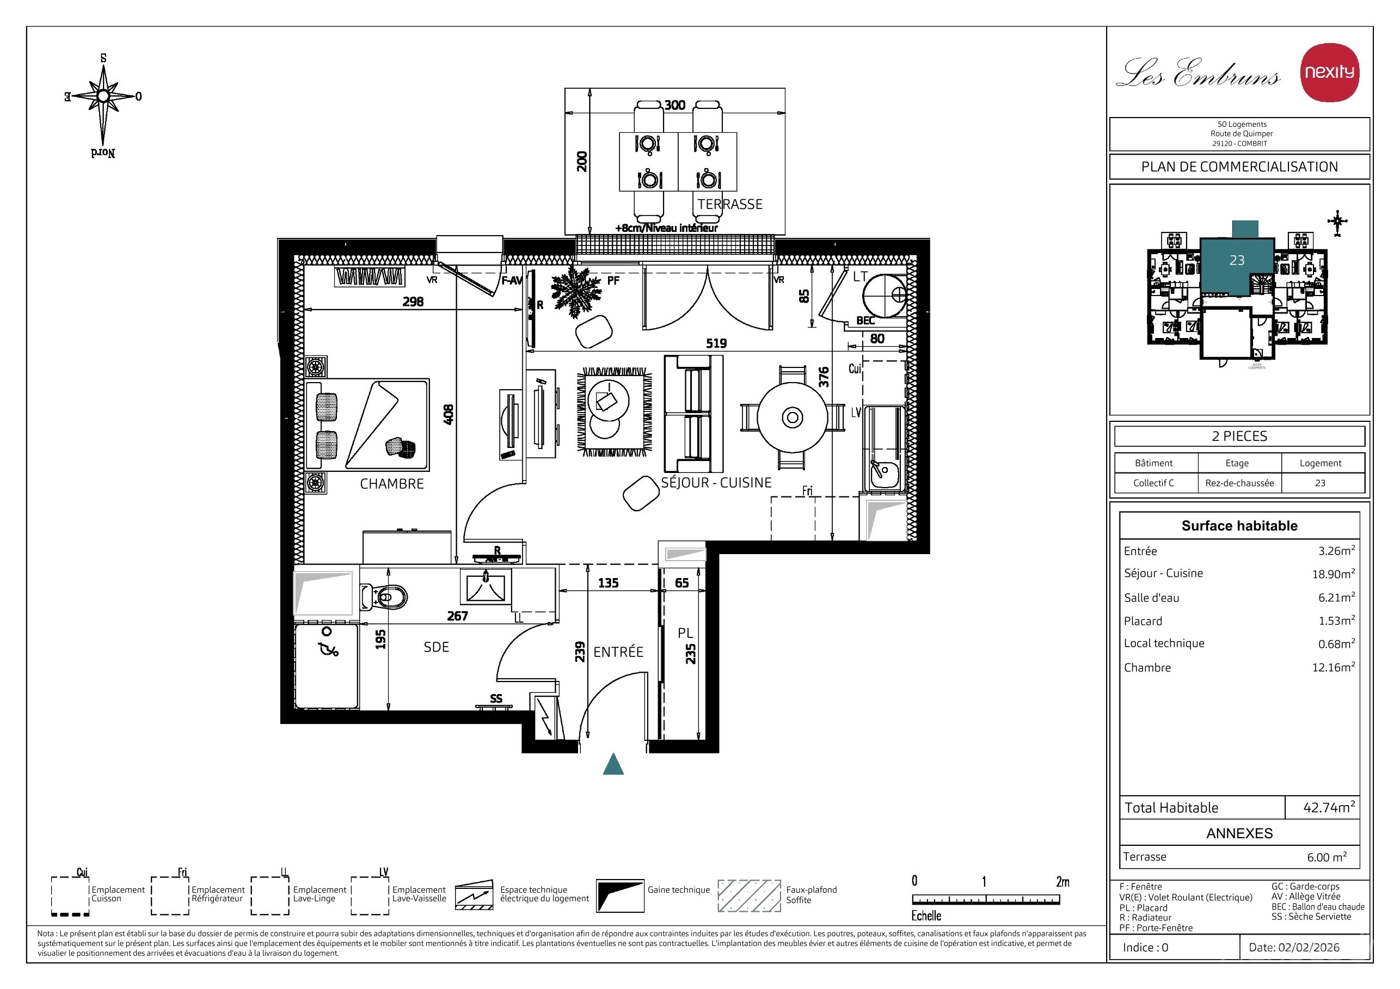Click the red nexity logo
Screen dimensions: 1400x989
click(x=1329, y=72)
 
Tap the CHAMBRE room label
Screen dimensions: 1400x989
click(x=391, y=483)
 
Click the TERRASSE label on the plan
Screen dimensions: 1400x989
click(x=730, y=204)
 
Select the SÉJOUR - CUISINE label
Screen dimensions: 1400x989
click(x=716, y=482)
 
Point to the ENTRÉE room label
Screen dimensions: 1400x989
click(x=618, y=652)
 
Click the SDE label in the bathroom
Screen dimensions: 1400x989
click(x=436, y=647)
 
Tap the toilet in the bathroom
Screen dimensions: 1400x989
click(x=384, y=597)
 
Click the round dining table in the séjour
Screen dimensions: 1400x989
click(x=792, y=417)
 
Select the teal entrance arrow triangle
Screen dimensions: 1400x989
click(x=613, y=764)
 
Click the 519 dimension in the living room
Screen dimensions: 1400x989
click(x=716, y=343)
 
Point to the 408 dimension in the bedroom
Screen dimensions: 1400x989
click(x=448, y=415)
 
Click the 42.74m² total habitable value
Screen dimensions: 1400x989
click(x=1329, y=807)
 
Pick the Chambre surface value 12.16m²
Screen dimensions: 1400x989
click(x=1334, y=667)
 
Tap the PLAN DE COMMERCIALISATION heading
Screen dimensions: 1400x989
click(x=1239, y=167)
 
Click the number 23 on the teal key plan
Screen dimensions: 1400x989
click(x=1237, y=260)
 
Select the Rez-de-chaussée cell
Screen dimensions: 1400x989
click(x=1239, y=483)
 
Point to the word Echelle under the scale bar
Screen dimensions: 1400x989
click(x=926, y=916)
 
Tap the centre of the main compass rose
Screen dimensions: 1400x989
click(x=103, y=96)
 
